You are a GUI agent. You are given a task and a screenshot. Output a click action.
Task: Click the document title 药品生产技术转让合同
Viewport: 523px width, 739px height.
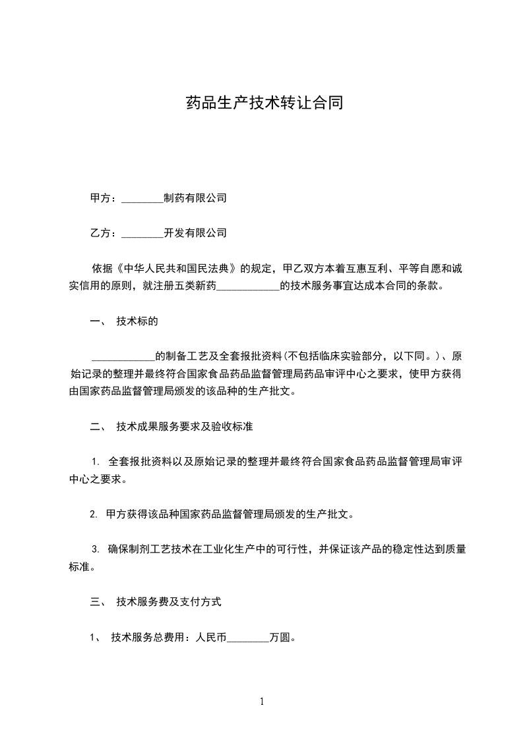264,104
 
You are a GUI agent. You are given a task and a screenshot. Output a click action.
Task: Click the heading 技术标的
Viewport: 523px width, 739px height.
137,321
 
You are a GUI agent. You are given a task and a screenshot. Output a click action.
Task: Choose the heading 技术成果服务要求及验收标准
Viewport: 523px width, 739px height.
185,427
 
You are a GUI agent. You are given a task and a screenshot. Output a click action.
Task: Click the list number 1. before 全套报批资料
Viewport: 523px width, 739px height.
96,462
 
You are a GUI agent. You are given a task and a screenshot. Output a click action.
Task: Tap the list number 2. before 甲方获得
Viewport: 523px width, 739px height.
94,514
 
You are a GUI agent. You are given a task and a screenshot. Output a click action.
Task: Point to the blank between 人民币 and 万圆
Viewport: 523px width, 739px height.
248,638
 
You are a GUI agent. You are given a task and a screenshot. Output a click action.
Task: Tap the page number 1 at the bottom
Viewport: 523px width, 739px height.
262,701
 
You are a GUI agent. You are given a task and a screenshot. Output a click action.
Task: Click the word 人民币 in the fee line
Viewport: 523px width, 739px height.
211,637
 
